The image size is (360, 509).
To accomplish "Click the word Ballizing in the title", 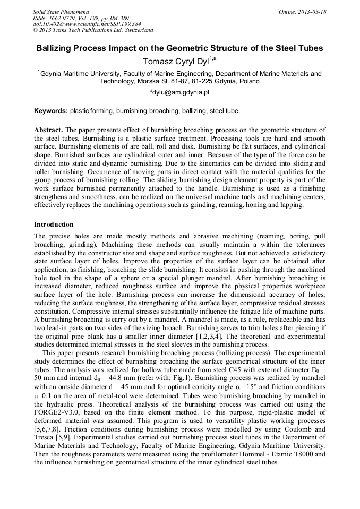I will pos(55,48).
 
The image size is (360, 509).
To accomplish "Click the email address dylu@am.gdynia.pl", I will pos(181,92).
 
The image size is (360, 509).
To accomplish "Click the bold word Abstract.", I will pos(48,130).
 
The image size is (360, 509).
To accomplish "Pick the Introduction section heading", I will pos(54,225).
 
